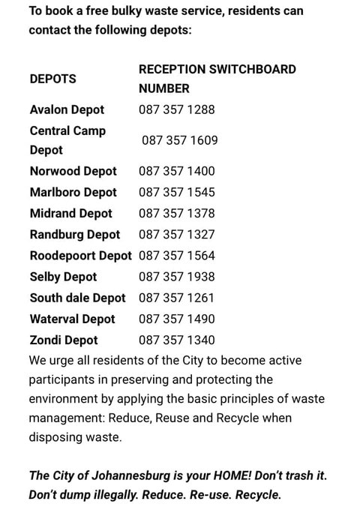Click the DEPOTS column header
(53, 79)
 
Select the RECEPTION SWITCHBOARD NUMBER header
(217, 79)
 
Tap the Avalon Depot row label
(67, 109)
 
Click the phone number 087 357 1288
(176, 109)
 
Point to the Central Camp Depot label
(67, 140)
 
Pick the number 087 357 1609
(179, 140)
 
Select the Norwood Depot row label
(73, 172)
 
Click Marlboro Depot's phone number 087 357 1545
(176, 193)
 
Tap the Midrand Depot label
(70, 214)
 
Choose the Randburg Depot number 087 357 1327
(176, 235)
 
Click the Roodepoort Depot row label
(80, 256)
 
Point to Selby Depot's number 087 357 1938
(176, 277)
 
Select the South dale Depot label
(77, 298)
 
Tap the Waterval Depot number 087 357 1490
(176, 319)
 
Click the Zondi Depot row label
(64, 340)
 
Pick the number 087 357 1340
(176, 340)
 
